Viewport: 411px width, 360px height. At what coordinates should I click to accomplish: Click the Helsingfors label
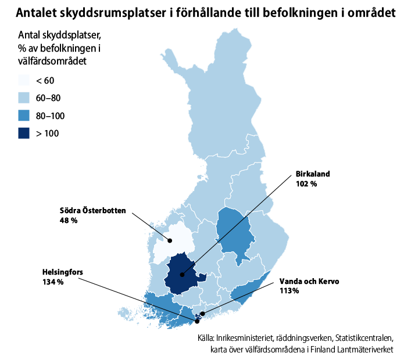[62, 272]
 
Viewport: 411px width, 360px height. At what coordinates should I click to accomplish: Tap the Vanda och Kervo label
[309, 280]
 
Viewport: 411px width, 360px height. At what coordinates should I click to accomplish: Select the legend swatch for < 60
[24, 80]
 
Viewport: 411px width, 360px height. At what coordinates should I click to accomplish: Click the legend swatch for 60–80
[24, 98]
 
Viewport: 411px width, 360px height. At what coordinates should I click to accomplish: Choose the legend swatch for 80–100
[24, 116]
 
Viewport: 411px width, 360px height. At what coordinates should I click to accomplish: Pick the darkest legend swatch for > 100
[24, 133]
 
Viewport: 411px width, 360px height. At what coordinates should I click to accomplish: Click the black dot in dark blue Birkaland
[182, 275]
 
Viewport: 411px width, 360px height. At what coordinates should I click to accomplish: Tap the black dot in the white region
[170, 241]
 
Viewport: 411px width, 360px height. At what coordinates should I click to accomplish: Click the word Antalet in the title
[36, 12]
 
